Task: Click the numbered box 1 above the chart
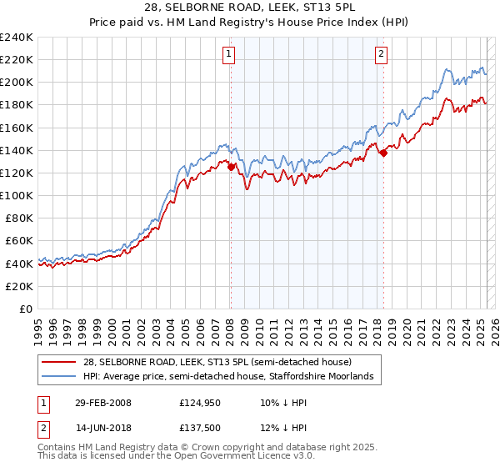(228, 55)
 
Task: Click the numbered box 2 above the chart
(381, 55)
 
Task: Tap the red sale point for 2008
(231, 167)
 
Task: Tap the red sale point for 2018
(383, 153)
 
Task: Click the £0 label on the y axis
(27, 309)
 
